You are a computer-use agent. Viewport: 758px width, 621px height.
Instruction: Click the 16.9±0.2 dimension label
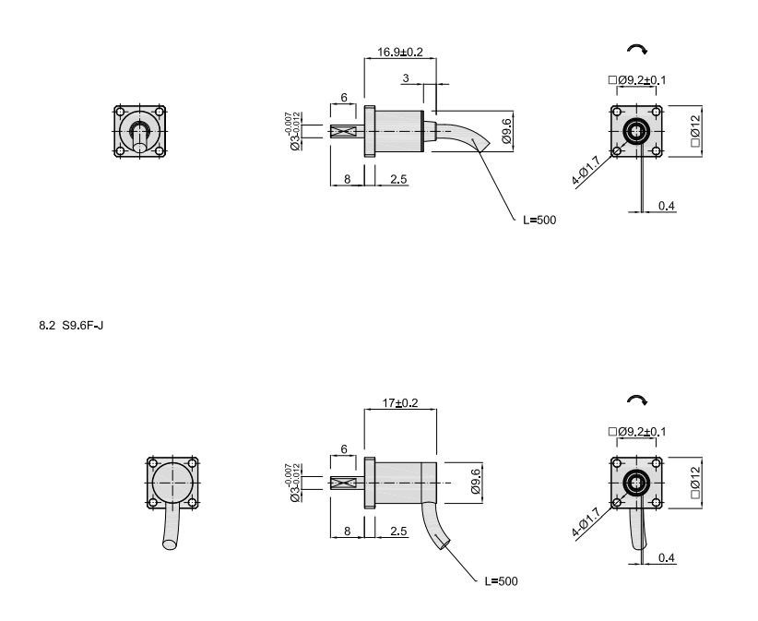tap(400, 52)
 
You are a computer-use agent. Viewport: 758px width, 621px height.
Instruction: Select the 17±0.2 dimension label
tap(400, 403)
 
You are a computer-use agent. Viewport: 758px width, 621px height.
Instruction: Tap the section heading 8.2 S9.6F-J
tap(71, 326)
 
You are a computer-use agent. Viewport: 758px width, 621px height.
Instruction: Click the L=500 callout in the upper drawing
tap(539, 220)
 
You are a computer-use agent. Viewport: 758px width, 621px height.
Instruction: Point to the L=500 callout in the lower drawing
tap(501, 580)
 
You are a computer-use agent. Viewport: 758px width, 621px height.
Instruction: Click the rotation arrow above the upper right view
tap(637, 49)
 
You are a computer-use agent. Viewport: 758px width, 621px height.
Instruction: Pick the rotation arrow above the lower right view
tap(637, 400)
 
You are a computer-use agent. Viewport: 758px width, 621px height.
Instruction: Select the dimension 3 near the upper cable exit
tap(406, 78)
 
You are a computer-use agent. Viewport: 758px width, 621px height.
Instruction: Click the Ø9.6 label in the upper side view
tap(506, 131)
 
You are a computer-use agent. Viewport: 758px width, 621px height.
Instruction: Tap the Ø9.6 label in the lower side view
tap(476, 482)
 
